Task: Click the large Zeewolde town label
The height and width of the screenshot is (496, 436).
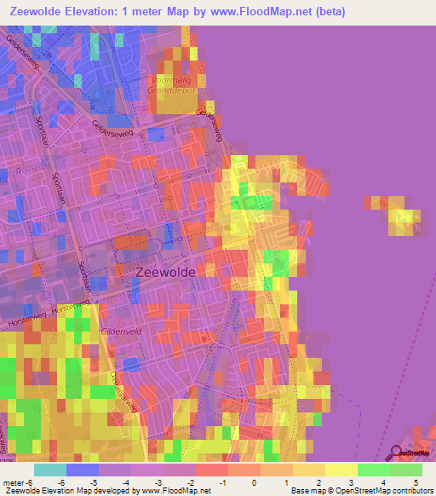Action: tap(165, 271)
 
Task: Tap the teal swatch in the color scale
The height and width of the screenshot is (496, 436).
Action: tap(49, 470)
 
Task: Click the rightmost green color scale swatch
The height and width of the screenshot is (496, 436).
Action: tap(406, 470)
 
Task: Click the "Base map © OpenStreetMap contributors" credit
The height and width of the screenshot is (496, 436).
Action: tap(360, 491)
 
